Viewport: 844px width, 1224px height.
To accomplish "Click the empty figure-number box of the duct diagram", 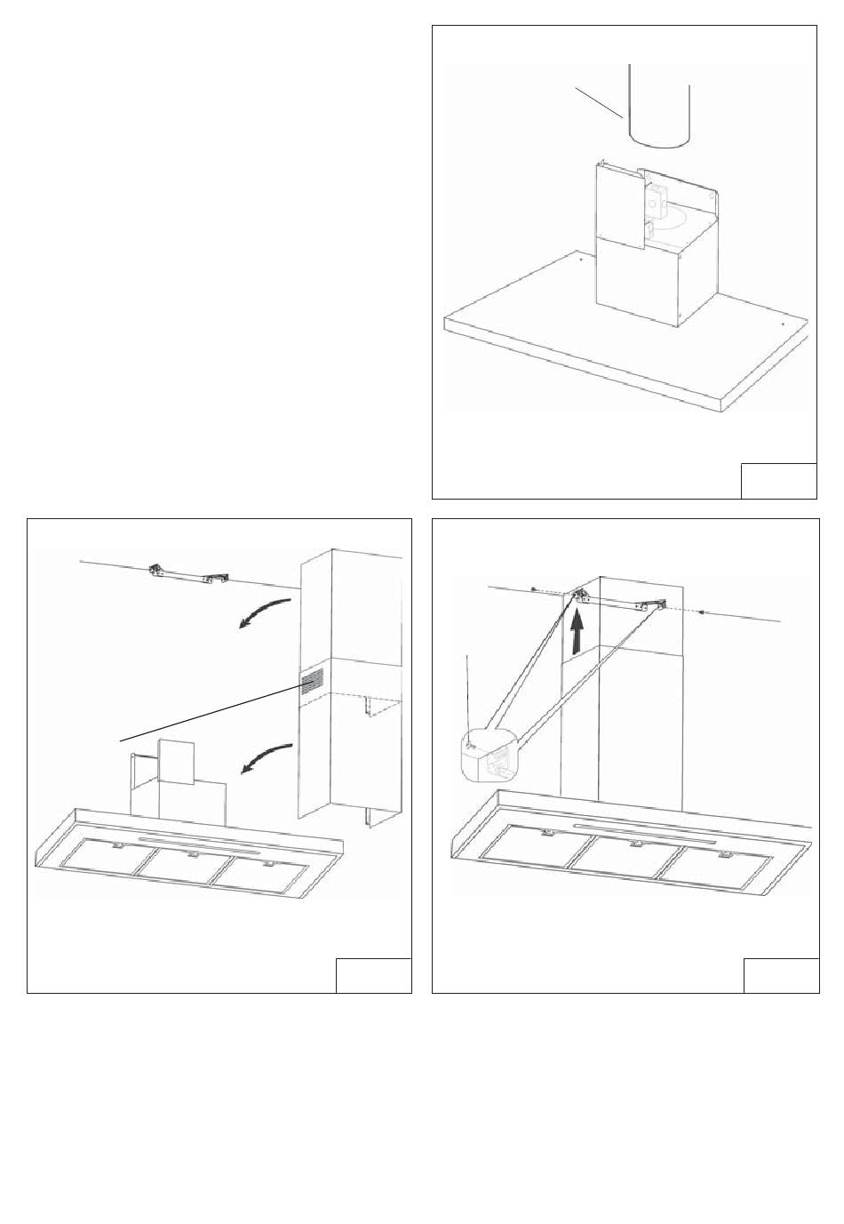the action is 778,480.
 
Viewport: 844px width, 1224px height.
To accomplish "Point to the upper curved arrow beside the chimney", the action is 265,613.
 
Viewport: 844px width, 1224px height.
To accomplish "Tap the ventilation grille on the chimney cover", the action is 311,683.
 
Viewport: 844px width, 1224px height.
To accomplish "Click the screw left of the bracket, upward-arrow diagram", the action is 530,589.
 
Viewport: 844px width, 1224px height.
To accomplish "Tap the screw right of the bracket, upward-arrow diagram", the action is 703,611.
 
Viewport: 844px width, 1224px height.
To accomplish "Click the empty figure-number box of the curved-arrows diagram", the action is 373,975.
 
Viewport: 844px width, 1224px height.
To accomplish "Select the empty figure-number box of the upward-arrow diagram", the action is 779,975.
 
